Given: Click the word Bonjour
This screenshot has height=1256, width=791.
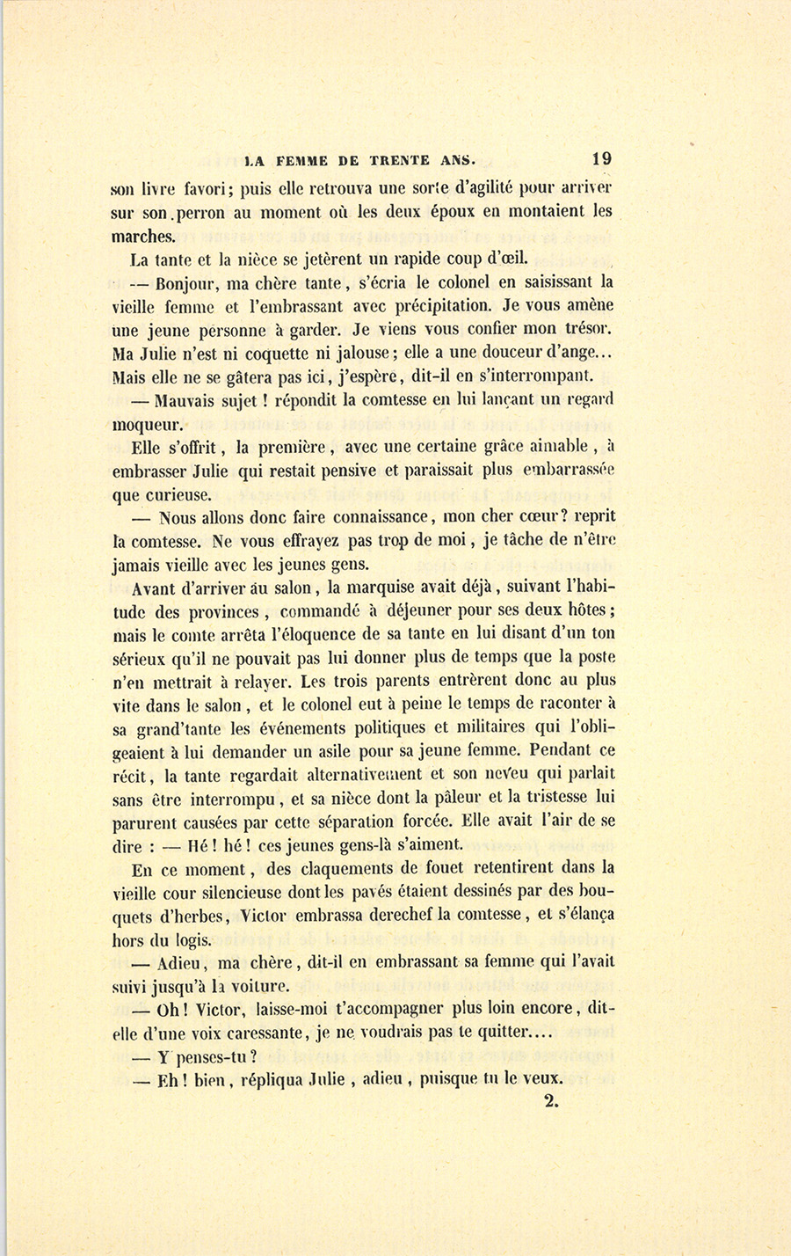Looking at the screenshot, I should (x=191, y=283).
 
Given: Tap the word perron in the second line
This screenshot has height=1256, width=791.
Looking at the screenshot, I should (x=198, y=213).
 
